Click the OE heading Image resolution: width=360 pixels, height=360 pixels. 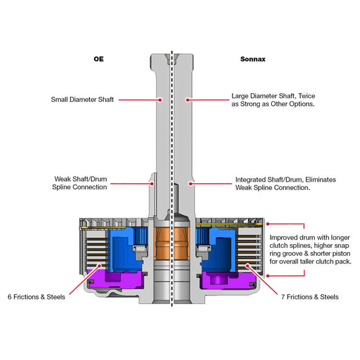click(x=98, y=60)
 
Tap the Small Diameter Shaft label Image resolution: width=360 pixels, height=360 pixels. click(x=82, y=100)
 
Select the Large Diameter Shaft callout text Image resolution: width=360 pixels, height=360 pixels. click(x=273, y=99)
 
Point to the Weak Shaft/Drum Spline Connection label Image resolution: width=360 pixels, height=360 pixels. click(x=80, y=183)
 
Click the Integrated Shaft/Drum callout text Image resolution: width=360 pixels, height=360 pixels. click(x=285, y=183)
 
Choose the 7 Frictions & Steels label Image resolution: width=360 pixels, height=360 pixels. click(x=310, y=297)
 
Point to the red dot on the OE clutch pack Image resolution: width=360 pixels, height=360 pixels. click(x=99, y=265)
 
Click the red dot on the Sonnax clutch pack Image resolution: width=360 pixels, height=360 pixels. click(x=247, y=265)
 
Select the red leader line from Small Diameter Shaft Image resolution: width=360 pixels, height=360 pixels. click(x=139, y=100)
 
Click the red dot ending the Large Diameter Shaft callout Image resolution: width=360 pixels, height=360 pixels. click(x=188, y=100)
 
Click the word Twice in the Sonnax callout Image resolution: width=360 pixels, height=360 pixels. click(x=302, y=96)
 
